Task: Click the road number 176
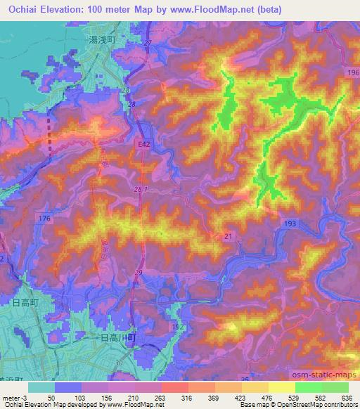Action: coord(46,220)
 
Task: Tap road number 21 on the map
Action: coord(227,237)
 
